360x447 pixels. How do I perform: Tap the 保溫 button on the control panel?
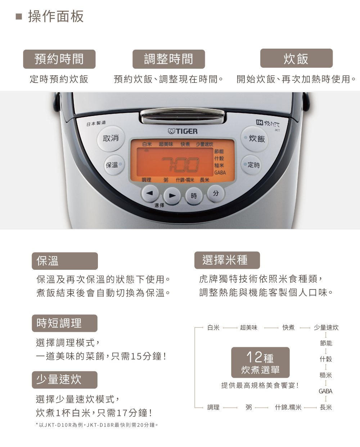114,165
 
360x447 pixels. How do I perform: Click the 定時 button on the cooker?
252,165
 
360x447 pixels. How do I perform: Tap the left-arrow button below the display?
150,194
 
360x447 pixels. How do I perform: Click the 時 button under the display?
193,196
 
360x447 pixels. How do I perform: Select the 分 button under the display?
216,193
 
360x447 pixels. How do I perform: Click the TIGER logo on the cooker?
183,131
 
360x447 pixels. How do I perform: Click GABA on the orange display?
220,173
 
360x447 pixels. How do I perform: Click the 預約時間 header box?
59,59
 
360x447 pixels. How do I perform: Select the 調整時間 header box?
168,59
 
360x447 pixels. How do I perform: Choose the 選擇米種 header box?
227,260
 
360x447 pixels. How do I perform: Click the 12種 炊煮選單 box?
260,362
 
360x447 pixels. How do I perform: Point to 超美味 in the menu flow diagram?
248,327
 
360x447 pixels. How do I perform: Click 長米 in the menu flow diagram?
326,407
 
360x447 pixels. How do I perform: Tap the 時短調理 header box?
64,323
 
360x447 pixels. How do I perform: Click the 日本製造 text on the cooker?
96,123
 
